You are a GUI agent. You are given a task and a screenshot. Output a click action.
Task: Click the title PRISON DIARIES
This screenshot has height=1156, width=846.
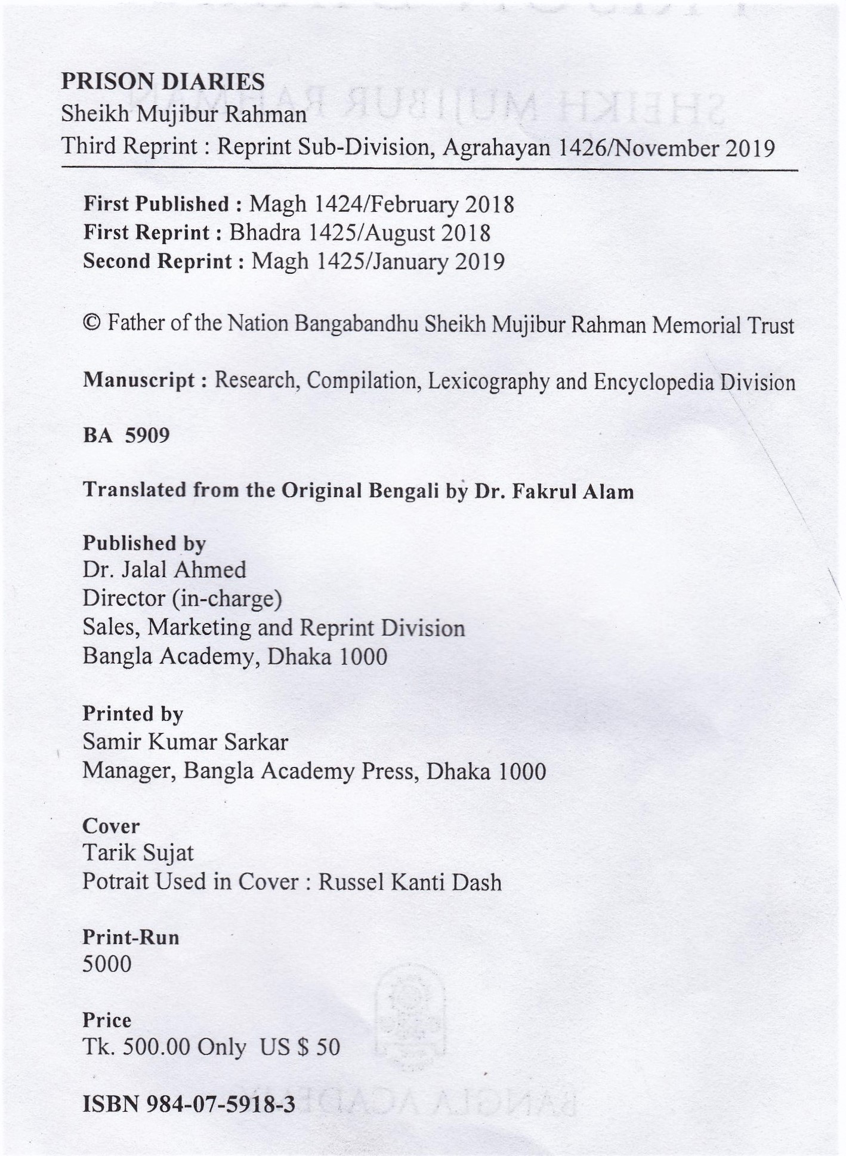[x=163, y=81]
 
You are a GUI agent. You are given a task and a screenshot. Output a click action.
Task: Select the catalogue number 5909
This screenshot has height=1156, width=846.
[x=147, y=435]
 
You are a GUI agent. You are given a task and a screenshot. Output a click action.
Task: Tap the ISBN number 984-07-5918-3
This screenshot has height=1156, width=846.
[x=226, y=1105]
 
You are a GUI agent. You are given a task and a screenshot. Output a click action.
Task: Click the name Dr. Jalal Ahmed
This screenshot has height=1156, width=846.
[x=164, y=570]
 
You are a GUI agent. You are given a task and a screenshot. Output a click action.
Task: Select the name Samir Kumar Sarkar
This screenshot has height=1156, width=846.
[x=185, y=742]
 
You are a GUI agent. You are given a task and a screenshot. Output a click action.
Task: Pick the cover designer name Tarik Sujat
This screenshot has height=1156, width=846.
[x=138, y=853]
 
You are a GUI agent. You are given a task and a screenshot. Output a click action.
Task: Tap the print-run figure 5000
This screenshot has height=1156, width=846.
[x=107, y=964]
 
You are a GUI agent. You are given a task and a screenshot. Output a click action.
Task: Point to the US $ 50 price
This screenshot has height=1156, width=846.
[x=300, y=1047]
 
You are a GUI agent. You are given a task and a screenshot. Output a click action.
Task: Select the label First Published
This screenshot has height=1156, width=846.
[x=156, y=204]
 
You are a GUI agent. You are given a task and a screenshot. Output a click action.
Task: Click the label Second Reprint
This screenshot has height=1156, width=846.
[x=158, y=261]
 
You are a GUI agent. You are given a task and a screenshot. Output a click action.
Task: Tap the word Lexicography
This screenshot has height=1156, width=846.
[x=489, y=381]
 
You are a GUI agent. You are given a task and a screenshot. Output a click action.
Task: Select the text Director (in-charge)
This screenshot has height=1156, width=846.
[x=182, y=598]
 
